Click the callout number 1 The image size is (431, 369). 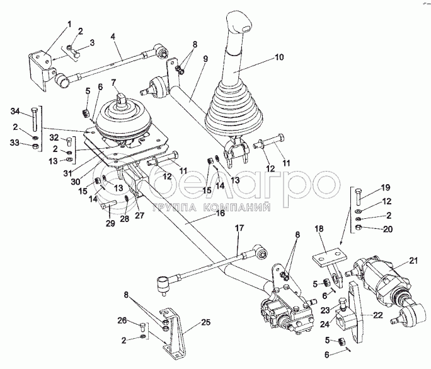click(70, 24)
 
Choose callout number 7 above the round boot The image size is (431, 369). click(114, 82)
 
